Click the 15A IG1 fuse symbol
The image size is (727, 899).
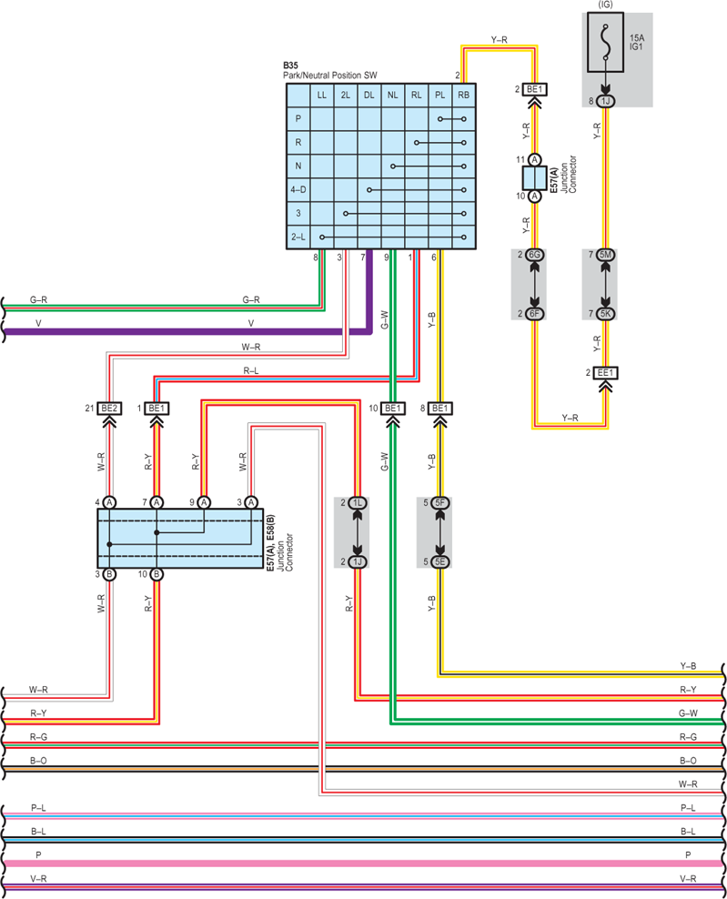(x=605, y=43)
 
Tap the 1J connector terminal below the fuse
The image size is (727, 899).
(x=605, y=102)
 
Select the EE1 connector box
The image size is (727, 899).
(x=605, y=373)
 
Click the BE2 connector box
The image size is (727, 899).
(x=109, y=409)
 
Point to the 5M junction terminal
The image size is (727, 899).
(x=605, y=255)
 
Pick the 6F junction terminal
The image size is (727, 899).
(x=534, y=314)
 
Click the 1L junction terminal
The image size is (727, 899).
(x=358, y=503)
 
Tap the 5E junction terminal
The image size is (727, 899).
(x=439, y=562)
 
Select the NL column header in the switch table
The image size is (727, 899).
(x=393, y=96)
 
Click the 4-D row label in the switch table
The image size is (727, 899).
(x=298, y=190)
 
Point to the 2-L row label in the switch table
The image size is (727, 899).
(x=298, y=237)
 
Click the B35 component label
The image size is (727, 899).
(x=290, y=66)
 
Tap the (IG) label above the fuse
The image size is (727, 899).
(x=605, y=5)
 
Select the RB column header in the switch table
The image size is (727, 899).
(x=463, y=96)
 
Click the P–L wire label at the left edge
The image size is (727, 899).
(x=38, y=808)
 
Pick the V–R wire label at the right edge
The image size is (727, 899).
(x=688, y=878)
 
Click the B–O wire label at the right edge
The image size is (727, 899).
(x=688, y=761)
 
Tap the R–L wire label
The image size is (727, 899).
(x=250, y=371)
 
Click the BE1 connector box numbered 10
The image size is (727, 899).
(x=393, y=409)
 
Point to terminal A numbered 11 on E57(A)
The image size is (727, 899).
(x=534, y=160)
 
